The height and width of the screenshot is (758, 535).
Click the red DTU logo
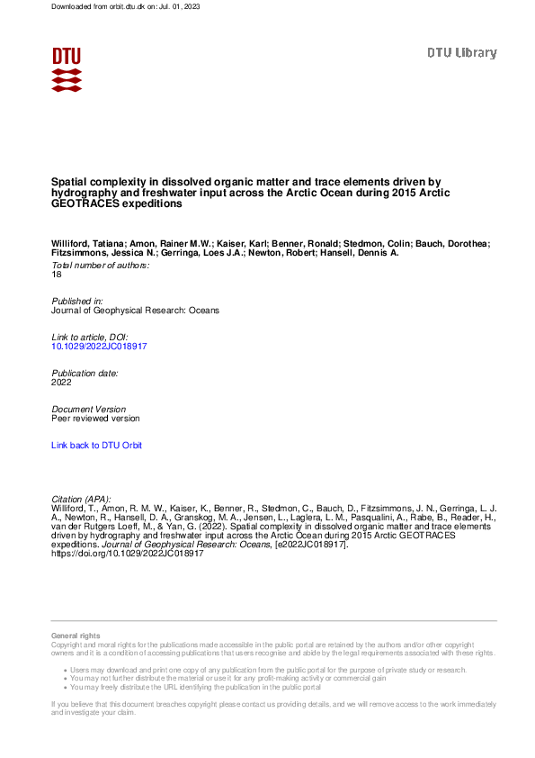tap(67, 68)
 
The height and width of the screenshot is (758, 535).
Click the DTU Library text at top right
tap(461, 53)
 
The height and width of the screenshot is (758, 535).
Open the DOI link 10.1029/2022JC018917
tap(99, 345)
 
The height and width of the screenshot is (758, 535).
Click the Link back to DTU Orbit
tap(96, 445)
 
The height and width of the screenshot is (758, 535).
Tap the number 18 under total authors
tap(57, 274)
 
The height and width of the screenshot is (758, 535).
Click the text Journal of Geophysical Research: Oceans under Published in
tap(135, 310)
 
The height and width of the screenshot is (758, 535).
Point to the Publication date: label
tap(85, 372)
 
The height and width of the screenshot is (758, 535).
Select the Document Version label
tap(89, 409)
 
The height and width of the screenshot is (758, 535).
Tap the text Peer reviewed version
tap(95, 418)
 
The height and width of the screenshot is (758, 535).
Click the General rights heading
tap(76, 636)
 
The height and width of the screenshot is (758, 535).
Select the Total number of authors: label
tap(100, 265)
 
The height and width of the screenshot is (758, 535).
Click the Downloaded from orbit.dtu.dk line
tap(107, 6)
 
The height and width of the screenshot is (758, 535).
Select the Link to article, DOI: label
tap(90, 336)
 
